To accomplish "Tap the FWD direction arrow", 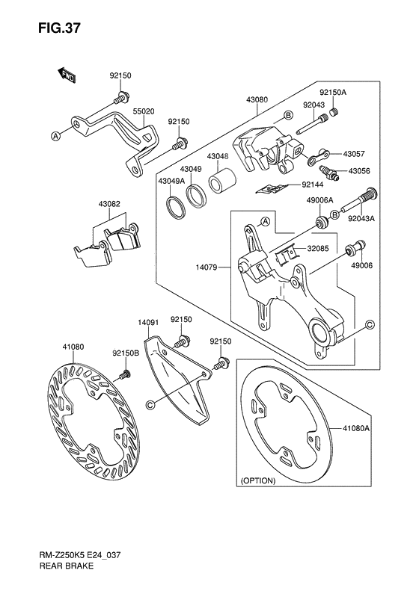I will click(x=66, y=74).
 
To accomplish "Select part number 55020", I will click(x=144, y=111).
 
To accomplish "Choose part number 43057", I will click(x=353, y=154).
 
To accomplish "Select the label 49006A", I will click(x=319, y=200).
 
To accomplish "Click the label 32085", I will click(x=317, y=250).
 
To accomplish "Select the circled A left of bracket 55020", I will click(x=55, y=136).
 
